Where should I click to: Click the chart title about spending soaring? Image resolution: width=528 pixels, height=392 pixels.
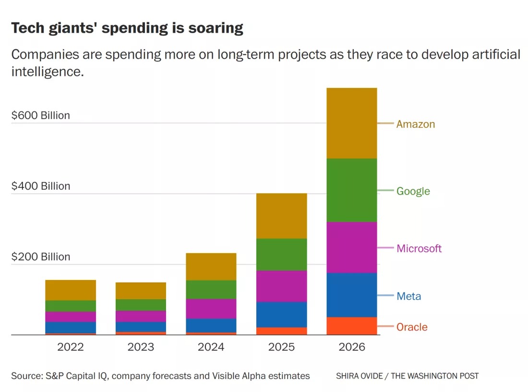click(x=127, y=28)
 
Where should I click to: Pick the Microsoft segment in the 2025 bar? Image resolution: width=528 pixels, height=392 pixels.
click(x=281, y=286)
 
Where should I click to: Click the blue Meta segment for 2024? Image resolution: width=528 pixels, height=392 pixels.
click(x=211, y=325)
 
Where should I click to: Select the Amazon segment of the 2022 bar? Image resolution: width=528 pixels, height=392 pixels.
click(x=71, y=290)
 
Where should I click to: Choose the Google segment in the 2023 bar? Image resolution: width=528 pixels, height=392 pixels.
click(x=141, y=305)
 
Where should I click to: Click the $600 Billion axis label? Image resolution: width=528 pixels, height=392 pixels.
click(x=41, y=115)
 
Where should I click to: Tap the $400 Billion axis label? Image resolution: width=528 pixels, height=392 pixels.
click(x=41, y=186)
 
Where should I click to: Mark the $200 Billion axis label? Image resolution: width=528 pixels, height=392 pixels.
click(x=41, y=257)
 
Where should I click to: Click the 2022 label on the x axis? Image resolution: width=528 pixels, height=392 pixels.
click(x=71, y=347)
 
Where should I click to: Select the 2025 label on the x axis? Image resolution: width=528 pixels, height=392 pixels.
click(x=281, y=347)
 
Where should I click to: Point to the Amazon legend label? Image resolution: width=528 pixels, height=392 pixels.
click(x=416, y=124)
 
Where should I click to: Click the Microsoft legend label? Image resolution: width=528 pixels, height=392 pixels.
click(x=419, y=248)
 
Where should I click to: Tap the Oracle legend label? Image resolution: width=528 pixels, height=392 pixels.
click(x=412, y=327)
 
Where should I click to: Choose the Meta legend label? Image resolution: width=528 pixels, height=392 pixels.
click(x=409, y=296)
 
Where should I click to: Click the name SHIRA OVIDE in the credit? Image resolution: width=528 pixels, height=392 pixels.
click(x=358, y=376)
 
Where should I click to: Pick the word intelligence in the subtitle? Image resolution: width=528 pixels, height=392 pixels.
click(x=45, y=72)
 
